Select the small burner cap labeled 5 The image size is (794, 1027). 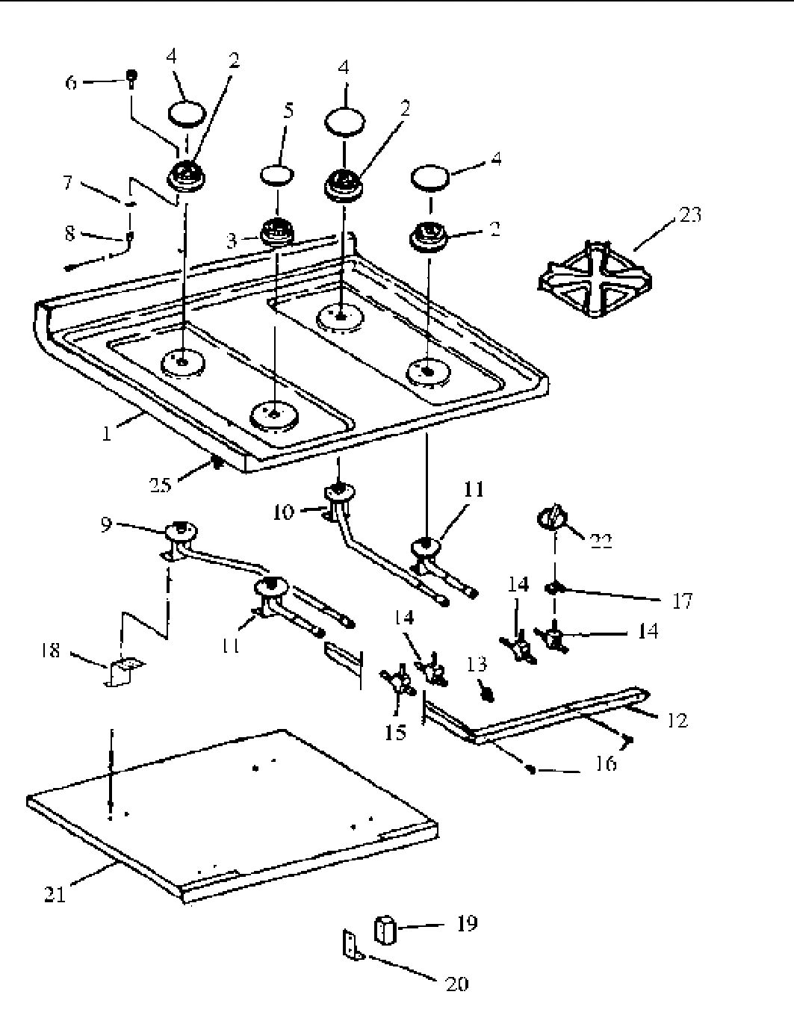(x=278, y=174)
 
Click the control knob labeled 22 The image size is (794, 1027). (x=551, y=518)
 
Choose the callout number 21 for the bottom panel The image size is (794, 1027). (x=55, y=893)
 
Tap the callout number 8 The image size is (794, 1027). (x=70, y=233)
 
